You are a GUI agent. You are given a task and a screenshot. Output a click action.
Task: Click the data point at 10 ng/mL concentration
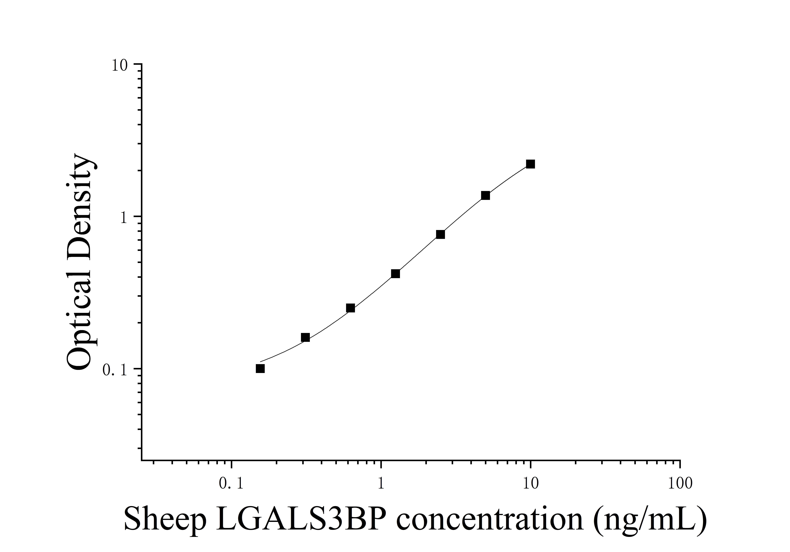click(x=531, y=164)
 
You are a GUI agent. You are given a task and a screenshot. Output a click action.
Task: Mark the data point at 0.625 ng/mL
click(x=350, y=308)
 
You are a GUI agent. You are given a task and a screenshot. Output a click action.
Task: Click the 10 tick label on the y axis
click(x=119, y=65)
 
